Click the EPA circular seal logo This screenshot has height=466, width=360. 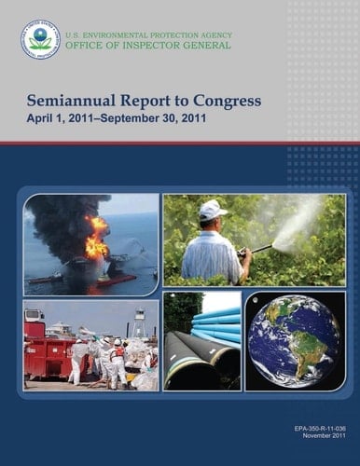tap(40, 39)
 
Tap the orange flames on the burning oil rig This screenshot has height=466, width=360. tap(96, 238)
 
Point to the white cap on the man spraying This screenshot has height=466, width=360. tap(213, 209)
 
